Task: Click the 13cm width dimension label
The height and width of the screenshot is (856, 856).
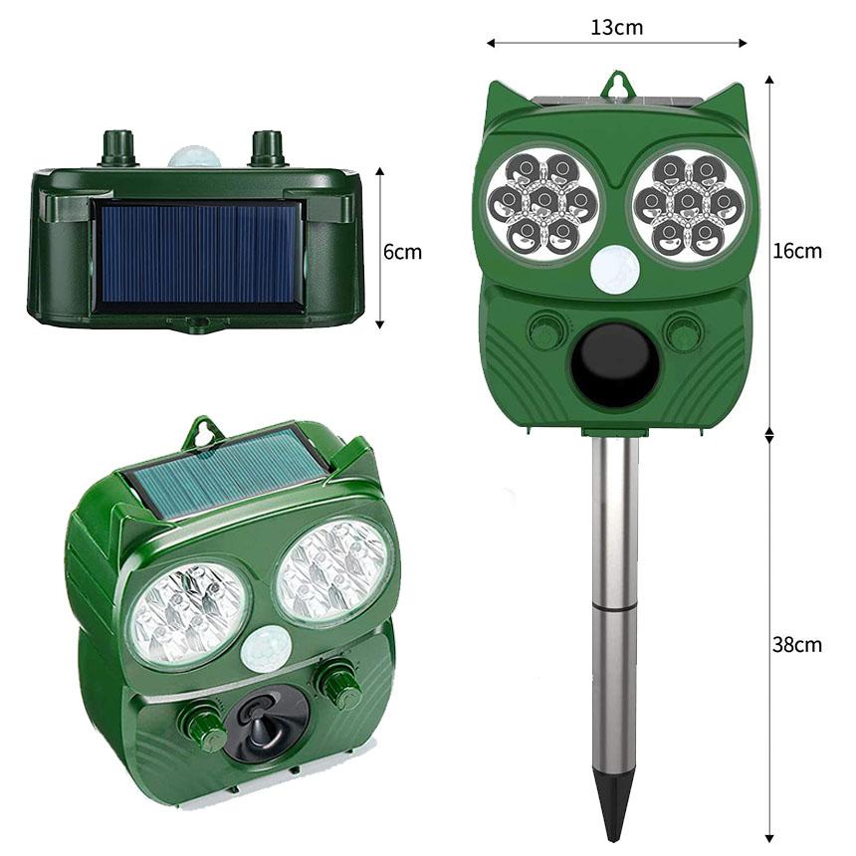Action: (x=616, y=27)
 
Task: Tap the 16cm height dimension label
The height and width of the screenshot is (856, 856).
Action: (x=797, y=251)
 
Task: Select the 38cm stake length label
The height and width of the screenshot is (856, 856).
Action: (x=797, y=644)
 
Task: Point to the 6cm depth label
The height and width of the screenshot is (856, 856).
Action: (x=402, y=252)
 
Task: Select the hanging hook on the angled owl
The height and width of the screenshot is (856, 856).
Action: (x=203, y=431)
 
